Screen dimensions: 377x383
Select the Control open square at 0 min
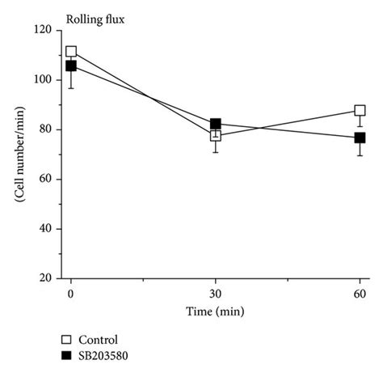(71, 52)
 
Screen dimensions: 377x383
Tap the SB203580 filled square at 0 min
(71, 66)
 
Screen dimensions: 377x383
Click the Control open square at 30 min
(216, 135)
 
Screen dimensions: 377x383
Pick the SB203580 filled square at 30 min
(216, 124)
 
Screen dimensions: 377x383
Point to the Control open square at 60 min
(360, 110)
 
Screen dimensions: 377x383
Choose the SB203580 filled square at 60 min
(360, 138)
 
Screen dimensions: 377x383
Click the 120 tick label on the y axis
(44, 30)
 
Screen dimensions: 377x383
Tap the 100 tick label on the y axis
(44, 80)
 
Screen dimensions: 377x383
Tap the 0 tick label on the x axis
(71, 293)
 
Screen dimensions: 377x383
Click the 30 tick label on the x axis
(216, 293)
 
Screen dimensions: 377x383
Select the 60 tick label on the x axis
(360, 293)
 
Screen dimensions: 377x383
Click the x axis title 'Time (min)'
(215, 310)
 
